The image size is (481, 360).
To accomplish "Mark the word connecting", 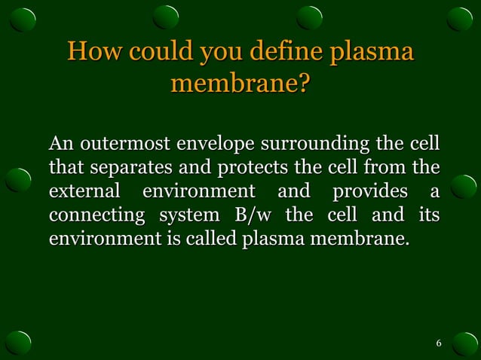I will [x=96, y=215].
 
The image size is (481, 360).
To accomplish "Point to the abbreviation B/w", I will [x=254, y=215].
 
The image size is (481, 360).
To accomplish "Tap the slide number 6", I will [x=439, y=344].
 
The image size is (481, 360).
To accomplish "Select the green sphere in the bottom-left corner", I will [x=19, y=341].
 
